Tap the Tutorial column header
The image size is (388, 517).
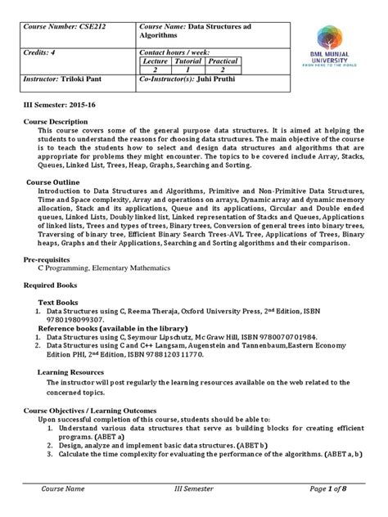point(188,61)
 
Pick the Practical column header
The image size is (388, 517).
point(223,61)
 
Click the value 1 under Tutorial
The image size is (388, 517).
point(188,70)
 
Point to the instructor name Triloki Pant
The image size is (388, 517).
point(92,83)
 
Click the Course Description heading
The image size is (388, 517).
point(58,121)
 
